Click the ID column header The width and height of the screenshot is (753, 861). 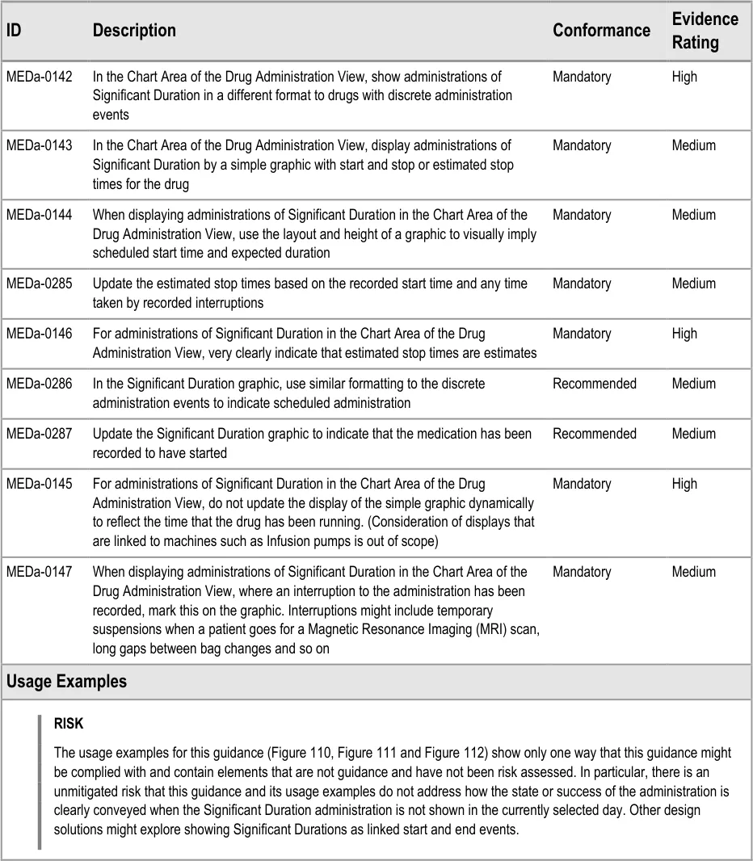pyautogui.click(x=15, y=31)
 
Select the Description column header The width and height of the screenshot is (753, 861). pyautogui.click(x=134, y=31)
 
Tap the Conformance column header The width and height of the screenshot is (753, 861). pyautogui.click(x=601, y=31)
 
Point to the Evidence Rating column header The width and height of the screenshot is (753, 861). pyautogui.click(x=705, y=31)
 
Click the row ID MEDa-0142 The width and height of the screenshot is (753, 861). pyautogui.click(x=39, y=77)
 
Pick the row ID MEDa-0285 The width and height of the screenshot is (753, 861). pyautogui.click(x=39, y=283)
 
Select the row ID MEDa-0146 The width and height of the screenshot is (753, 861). pyautogui.click(x=39, y=334)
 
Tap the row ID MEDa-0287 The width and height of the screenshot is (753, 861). pyautogui.click(x=39, y=434)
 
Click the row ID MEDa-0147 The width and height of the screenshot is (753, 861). pyautogui.click(x=39, y=572)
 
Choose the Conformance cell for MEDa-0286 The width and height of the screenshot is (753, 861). pyautogui.click(x=594, y=384)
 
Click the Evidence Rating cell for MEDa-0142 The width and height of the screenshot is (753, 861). pyautogui.click(x=684, y=77)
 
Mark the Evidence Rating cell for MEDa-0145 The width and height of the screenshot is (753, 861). pyautogui.click(x=684, y=484)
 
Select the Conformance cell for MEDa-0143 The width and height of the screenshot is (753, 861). pyautogui.click(x=582, y=145)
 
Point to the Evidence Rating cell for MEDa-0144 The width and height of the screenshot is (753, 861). pyautogui.click(x=693, y=215)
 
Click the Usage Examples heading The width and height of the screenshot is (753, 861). pyautogui.click(x=67, y=682)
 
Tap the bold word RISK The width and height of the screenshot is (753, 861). pyautogui.click(x=69, y=724)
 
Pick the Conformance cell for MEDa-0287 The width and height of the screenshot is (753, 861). pyautogui.click(x=594, y=434)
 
